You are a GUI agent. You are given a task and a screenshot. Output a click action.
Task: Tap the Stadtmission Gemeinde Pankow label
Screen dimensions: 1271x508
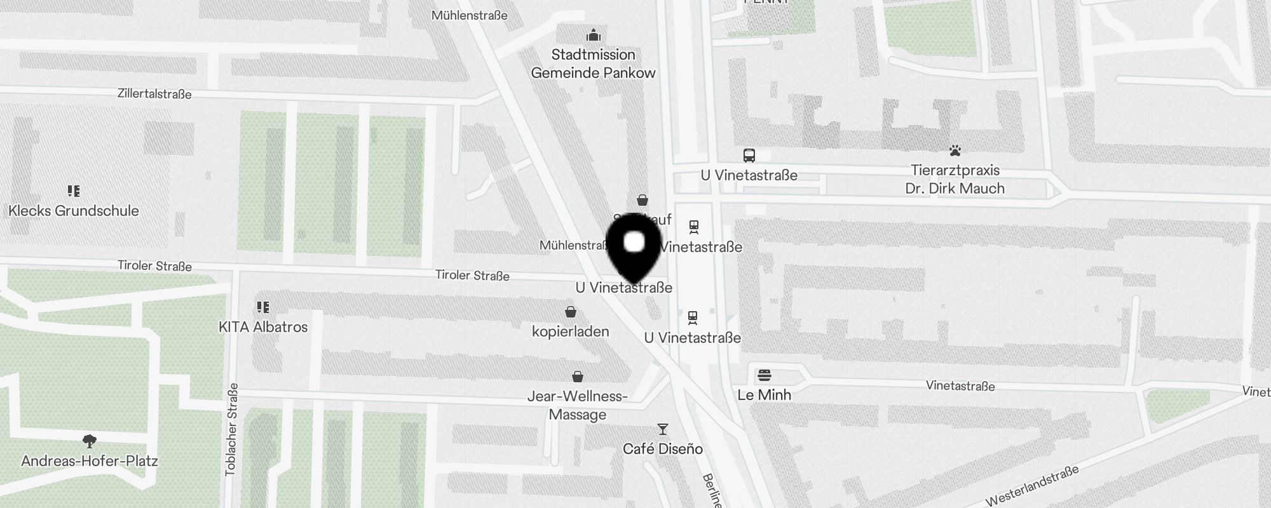click(x=593, y=63)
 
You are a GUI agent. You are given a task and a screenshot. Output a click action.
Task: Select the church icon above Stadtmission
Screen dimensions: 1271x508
click(x=594, y=35)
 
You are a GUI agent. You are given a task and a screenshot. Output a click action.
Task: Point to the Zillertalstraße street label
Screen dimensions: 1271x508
click(x=154, y=94)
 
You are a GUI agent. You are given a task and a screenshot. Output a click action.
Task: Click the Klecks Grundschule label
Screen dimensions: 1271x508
click(x=74, y=211)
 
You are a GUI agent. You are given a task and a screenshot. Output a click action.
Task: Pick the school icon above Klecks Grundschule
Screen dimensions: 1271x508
click(x=74, y=190)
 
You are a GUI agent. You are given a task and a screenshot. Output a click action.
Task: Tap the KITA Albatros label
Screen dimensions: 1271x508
click(x=263, y=327)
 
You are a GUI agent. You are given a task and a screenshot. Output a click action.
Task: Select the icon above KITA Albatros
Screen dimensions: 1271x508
click(x=263, y=307)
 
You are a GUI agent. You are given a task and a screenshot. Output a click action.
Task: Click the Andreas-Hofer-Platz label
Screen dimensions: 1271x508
click(x=90, y=461)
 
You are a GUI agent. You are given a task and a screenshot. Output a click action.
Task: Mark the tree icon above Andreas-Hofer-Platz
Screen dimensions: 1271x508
click(x=90, y=441)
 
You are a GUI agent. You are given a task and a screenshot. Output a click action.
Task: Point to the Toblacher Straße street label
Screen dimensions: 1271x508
click(x=231, y=429)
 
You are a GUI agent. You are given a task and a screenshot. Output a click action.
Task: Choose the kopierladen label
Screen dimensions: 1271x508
click(x=571, y=331)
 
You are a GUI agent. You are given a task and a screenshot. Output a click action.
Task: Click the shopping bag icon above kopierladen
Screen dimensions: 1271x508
click(x=571, y=312)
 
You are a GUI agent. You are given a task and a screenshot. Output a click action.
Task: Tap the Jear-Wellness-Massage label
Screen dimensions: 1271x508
click(x=578, y=405)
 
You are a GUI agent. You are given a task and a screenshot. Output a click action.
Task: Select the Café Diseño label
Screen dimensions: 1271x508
click(x=663, y=449)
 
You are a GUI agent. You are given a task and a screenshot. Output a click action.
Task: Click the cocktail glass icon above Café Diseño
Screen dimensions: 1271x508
click(x=663, y=429)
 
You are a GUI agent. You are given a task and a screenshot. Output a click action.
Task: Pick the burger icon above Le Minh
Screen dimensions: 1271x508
click(x=765, y=375)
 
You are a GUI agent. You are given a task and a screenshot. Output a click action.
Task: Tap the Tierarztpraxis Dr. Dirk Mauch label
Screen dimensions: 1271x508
click(x=955, y=179)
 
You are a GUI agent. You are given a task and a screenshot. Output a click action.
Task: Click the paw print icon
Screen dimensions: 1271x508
click(x=955, y=150)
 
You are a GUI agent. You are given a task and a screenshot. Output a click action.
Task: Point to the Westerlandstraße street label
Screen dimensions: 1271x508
click(x=1033, y=486)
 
